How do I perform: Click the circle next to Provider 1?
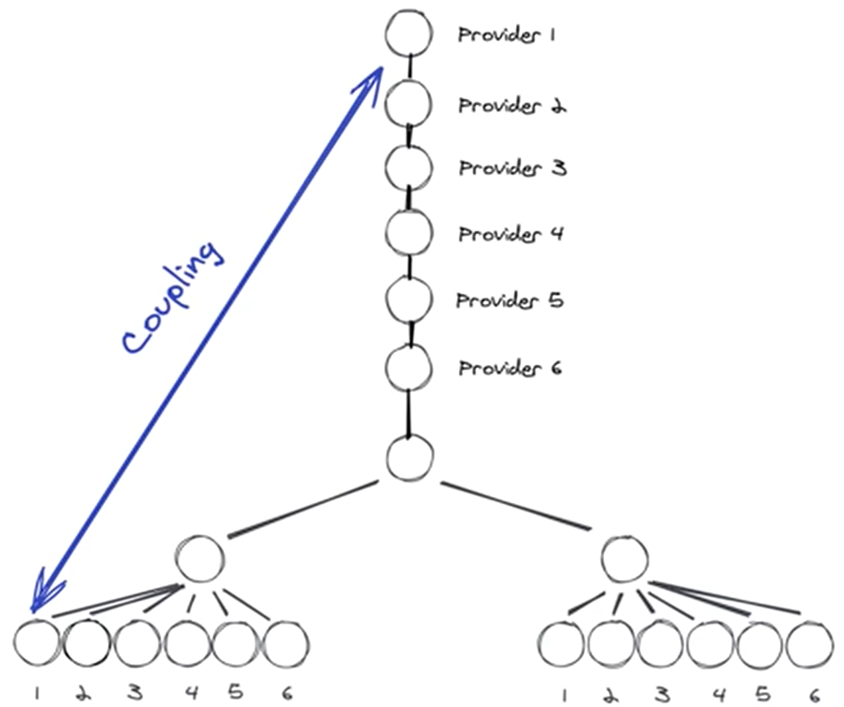click(409, 34)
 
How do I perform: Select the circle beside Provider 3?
click(409, 168)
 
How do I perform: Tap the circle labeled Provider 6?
click(409, 368)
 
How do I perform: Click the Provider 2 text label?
click(512, 106)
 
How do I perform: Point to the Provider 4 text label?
click(511, 234)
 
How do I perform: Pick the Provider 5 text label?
click(510, 300)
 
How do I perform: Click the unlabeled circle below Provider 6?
click(410, 458)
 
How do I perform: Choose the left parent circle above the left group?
click(200, 559)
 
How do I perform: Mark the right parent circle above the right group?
click(624, 559)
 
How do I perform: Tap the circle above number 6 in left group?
click(286, 645)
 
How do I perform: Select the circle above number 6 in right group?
click(810, 645)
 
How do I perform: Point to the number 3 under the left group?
click(135, 693)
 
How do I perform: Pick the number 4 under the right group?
click(719, 695)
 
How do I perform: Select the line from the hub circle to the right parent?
click(515, 506)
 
